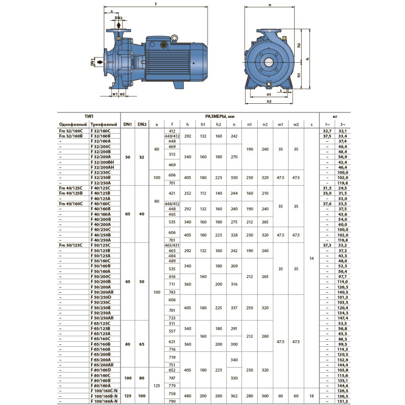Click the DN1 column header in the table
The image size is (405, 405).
click(128, 124)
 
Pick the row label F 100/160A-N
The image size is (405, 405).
click(105, 401)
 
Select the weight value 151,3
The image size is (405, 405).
click(343, 401)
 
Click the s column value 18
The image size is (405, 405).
click(311, 396)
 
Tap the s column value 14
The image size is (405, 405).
click(311, 258)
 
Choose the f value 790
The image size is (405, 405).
click(172, 401)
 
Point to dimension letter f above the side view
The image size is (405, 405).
click(156, 5)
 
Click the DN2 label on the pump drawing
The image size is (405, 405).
click(118, 18)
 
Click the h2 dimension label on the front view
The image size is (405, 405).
click(299, 45)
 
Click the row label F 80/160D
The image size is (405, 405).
click(103, 371)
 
